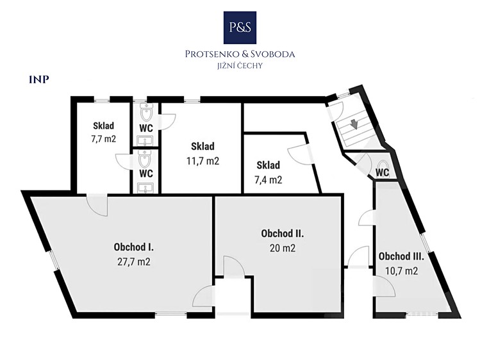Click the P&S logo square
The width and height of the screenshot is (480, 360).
pos(240,28)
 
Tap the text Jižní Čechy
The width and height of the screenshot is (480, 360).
pos(240,66)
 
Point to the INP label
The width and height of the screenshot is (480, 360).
pos(39,80)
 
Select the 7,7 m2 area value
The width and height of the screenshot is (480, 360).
pos(103,139)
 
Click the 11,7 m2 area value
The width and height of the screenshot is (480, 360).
pos(203,161)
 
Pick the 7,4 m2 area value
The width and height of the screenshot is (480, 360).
pos(268,180)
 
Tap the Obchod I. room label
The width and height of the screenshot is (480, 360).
pos(134,247)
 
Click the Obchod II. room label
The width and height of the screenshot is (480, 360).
pos(282,233)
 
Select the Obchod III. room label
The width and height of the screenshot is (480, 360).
pos(401,256)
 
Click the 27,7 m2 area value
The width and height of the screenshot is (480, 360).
pos(134,262)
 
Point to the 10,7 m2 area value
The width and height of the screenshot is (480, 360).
pos(402,271)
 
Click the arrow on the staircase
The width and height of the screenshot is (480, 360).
pos(354,124)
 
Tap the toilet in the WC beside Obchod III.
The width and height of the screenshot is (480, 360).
pos(383,166)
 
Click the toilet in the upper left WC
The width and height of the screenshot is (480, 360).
pos(146,112)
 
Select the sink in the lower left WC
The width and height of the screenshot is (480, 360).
pos(145,188)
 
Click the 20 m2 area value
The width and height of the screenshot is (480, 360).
pos(283,248)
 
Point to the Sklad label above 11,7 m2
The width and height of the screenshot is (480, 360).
pos(203,146)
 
